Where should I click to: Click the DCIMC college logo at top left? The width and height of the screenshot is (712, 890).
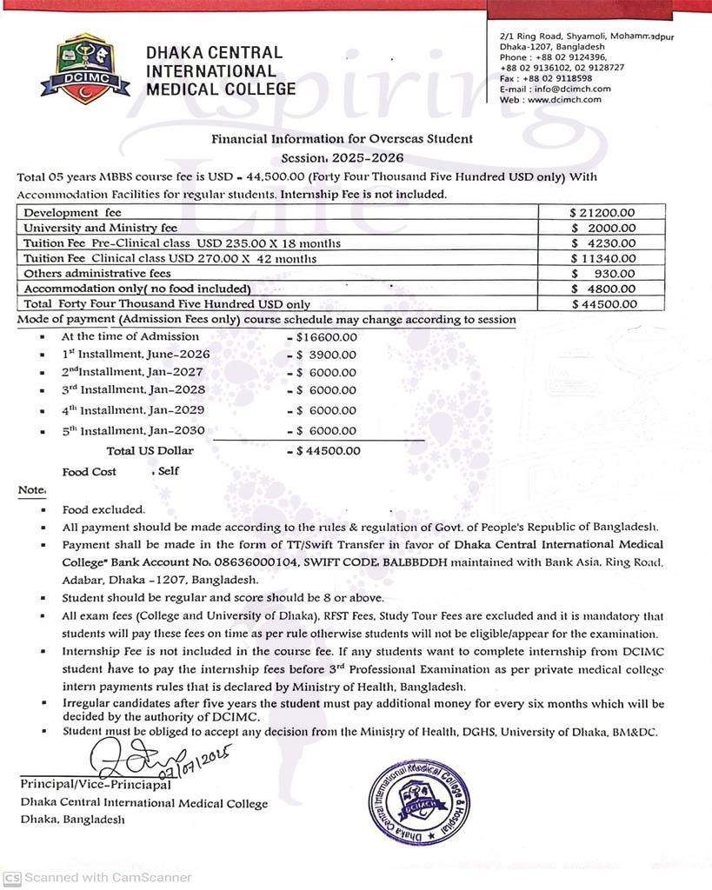click(x=85, y=69)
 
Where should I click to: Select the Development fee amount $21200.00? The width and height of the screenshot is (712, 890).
click(x=602, y=212)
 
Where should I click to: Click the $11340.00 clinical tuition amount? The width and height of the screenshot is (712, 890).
click(x=603, y=258)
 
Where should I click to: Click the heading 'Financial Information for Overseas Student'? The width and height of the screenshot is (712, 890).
click(x=343, y=138)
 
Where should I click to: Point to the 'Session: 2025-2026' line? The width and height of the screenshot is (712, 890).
click(x=343, y=158)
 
